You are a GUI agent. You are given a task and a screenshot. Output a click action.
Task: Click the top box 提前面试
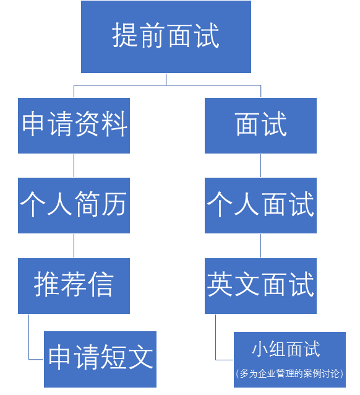click(x=166, y=37)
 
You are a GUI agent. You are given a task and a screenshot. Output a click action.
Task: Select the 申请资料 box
click(x=74, y=125)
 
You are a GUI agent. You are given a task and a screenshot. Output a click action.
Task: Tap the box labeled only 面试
click(x=260, y=125)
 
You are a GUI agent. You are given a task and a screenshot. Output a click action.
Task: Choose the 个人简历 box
click(x=74, y=205)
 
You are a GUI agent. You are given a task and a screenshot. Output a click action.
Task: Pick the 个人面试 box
click(x=260, y=205)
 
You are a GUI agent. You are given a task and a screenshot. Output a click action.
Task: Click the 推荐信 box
click(x=74, y=285)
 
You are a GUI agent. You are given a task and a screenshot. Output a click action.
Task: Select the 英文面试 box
click(x=260, y=285)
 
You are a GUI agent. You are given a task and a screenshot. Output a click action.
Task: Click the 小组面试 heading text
click(x=286, y=349)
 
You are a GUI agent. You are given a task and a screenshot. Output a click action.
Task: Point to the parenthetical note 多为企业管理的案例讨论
click(x=289, y=374)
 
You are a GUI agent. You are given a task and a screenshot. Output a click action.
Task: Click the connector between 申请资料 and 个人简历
click(x=74, y=165)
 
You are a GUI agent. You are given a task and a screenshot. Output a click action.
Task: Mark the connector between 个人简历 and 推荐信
click(x=74, y=245)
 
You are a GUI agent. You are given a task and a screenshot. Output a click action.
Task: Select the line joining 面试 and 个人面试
click(x=260, y=165)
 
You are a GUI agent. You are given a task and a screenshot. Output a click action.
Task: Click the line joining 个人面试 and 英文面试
click(x=260, y=245)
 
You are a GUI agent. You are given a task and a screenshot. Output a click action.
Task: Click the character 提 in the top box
click(x=125, y=37)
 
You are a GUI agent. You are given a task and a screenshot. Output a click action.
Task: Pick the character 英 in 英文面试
click(x=220, y=285)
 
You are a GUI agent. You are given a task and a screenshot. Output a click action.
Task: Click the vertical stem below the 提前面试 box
click(x=166, y=79)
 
